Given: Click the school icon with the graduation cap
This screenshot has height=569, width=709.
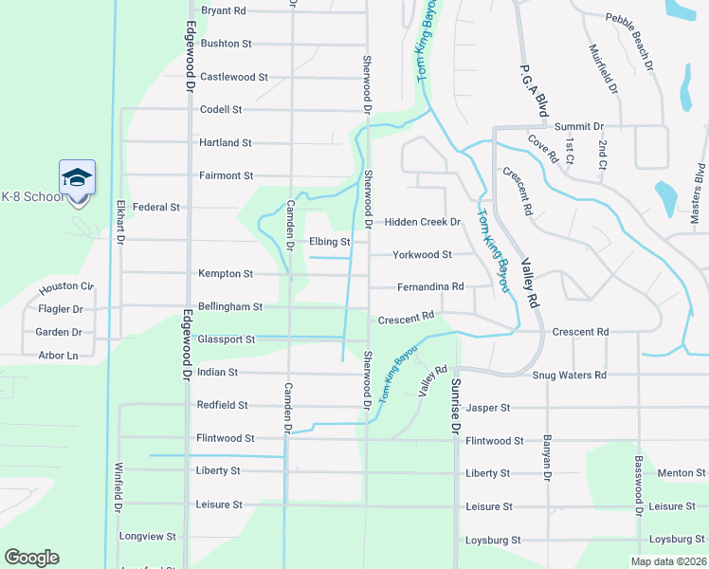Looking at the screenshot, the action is tap(77, 177).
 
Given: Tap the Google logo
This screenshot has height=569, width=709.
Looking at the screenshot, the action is tap(31, 558).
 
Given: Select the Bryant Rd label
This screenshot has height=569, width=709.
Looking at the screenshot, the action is tap(224, 10).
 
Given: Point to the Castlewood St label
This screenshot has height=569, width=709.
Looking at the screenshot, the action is tap(234, 77).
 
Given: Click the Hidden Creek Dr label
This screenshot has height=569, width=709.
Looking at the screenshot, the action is tap(422, 222).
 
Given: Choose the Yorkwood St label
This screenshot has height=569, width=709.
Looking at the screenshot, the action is tap(422, 254).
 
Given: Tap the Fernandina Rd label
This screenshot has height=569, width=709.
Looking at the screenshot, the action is tap(430, 286).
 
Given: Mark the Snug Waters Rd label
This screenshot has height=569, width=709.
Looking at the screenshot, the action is tap(569, 376).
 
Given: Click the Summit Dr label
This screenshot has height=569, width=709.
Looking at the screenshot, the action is tap(579, 126).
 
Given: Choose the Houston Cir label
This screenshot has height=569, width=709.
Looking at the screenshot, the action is tap(66, 286).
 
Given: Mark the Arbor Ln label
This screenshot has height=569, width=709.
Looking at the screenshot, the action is tap(59, 356).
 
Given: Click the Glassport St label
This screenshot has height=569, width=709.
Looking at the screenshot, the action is tap(226, 339).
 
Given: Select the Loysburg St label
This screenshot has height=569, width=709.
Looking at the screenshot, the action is tap(493, 541).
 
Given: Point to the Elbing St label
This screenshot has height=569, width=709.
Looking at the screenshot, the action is tap(330, 242).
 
